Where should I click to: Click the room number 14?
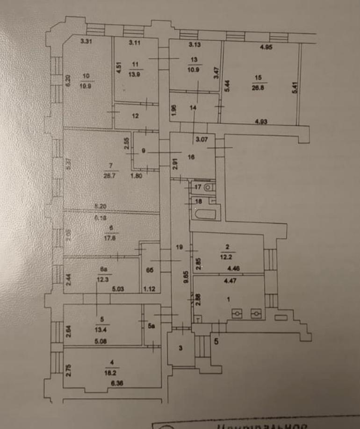pyautogui.click(x=194, y=107)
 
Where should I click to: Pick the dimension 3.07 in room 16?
pyautogui.click(x=202, y=139)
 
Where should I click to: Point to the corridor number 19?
pyautogui.click(x=179, y=247)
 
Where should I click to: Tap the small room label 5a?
pyautogui.click(x=151, y=327)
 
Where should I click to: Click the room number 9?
pyautogui.click(x=144, y=150)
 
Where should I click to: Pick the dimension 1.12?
pyautogui.click(x=149, y=288)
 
